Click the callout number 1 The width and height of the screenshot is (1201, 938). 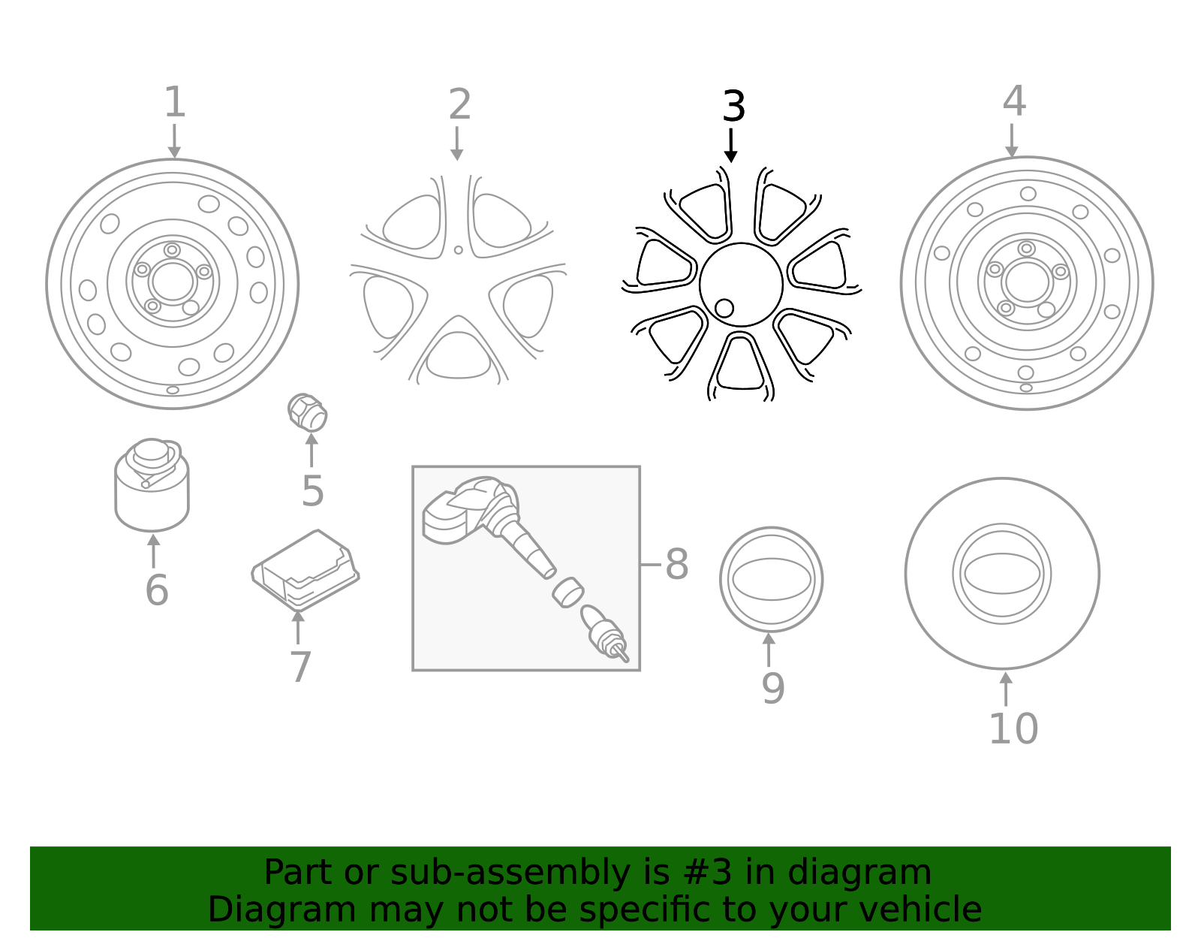click(x=174, y=102)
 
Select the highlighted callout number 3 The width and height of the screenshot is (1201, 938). click(x=733, y=107)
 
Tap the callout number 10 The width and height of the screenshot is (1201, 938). click(x=1013, y=728)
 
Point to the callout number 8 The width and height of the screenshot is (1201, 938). click(x=676, y=564)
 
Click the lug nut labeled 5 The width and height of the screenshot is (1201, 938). click(x=308, y=412)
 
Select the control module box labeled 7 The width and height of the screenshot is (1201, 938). click(x=306, y=569)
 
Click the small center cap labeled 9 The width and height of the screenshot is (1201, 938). click(x=771, y=579)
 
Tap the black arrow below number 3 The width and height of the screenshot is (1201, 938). click(x=730, y=146)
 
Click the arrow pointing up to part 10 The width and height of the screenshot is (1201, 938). click(x=1006, y=688)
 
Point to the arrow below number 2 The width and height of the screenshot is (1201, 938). click(x=456, y=143)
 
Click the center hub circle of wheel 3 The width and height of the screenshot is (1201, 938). click(x=741, y=284)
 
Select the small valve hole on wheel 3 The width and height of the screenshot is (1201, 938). click(x=724, y=308)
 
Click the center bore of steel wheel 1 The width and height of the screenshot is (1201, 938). click(x=173, y=282)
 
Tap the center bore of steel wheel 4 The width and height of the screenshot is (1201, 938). click(x=1026, y=282)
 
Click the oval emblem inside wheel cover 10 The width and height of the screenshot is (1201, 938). click(x=1001, y=574)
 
